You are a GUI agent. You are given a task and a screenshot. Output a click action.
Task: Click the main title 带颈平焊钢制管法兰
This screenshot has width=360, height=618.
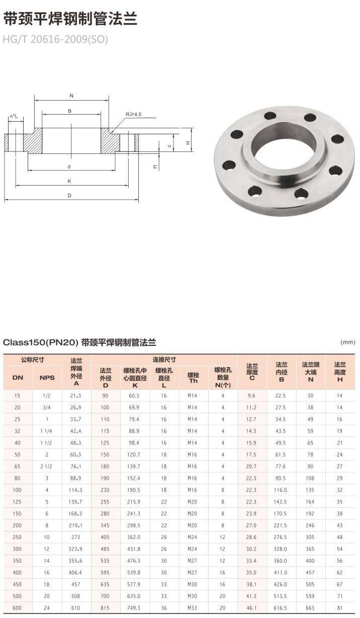tap(70, 19)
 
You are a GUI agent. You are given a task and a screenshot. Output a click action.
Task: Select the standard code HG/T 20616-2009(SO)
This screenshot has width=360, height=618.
tap(55, 39)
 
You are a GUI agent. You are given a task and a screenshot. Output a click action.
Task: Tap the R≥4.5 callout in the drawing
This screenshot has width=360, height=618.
tap(134, 115)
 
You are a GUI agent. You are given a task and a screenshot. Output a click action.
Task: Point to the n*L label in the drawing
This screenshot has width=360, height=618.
tap(14, 117)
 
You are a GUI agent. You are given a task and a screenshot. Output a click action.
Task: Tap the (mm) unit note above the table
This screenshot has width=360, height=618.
tap(347, 342)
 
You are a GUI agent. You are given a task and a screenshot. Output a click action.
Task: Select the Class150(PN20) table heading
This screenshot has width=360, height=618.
tap(79, 342)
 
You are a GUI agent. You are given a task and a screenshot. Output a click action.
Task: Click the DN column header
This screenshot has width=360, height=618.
tap(18, 378)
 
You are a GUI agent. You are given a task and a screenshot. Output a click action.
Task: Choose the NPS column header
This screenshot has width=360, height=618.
tap(47, 378)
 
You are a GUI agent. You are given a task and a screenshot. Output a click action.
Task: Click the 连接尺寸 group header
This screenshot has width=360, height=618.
tap(164, 360)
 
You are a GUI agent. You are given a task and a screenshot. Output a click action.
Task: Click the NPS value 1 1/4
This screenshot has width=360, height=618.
tap(47, 431)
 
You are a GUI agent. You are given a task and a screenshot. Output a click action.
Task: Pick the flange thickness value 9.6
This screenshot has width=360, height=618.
tap(252, 396)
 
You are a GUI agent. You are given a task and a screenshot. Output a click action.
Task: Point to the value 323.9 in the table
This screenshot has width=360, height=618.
tap(76, 549)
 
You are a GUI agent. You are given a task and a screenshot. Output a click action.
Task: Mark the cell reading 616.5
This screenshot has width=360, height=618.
tap(281, 608)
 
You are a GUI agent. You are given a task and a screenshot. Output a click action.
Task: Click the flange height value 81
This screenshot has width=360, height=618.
tap(339, 608)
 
